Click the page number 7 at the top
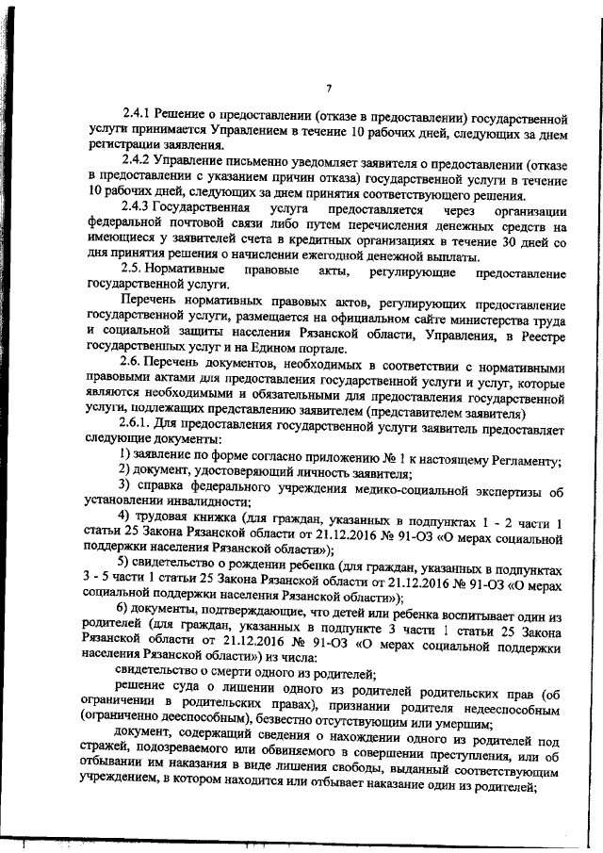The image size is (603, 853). (329, 89)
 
